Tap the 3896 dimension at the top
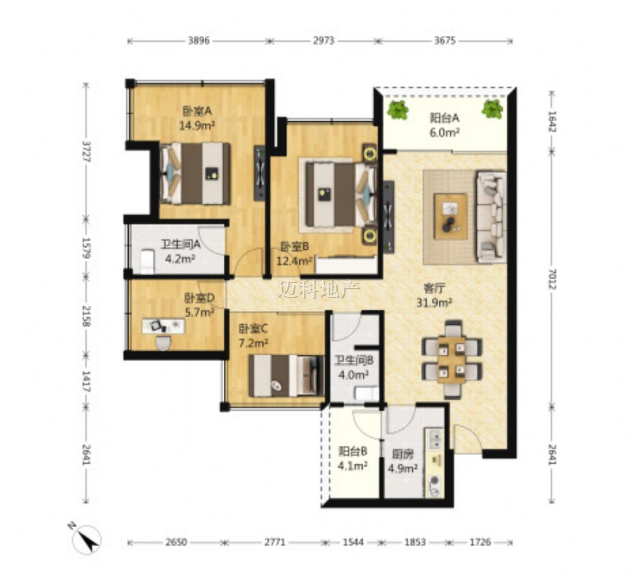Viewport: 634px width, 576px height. click(x=198, y=41)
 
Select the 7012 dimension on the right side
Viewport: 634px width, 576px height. click(x=552, y=279)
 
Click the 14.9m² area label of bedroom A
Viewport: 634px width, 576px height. click(x=197, y=126)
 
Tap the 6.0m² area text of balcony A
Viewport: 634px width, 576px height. click(x=444, y=133)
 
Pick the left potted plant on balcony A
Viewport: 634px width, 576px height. click(x=398, y=110)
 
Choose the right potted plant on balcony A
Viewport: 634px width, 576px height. click(x=493, y=109)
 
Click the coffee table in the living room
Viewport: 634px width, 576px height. click(x=450, y=216)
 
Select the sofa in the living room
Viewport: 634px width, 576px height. click(x=491, y=216)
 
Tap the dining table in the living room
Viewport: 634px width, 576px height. click(x=451, y=360)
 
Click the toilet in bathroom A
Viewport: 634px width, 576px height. click(x=147, y=262)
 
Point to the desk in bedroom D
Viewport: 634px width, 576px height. click(x=164, y=326)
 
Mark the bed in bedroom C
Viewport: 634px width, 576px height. click(x=287, y=376)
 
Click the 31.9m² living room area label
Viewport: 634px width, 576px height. click(x=434, y=303)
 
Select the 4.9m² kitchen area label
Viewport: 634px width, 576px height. click(x=403, y=469)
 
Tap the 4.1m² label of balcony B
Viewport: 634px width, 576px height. click(x=353, y=466)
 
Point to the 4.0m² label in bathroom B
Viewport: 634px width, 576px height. click(x=353, y=374)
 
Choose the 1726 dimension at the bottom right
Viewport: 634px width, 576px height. click(x=481, y=542)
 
